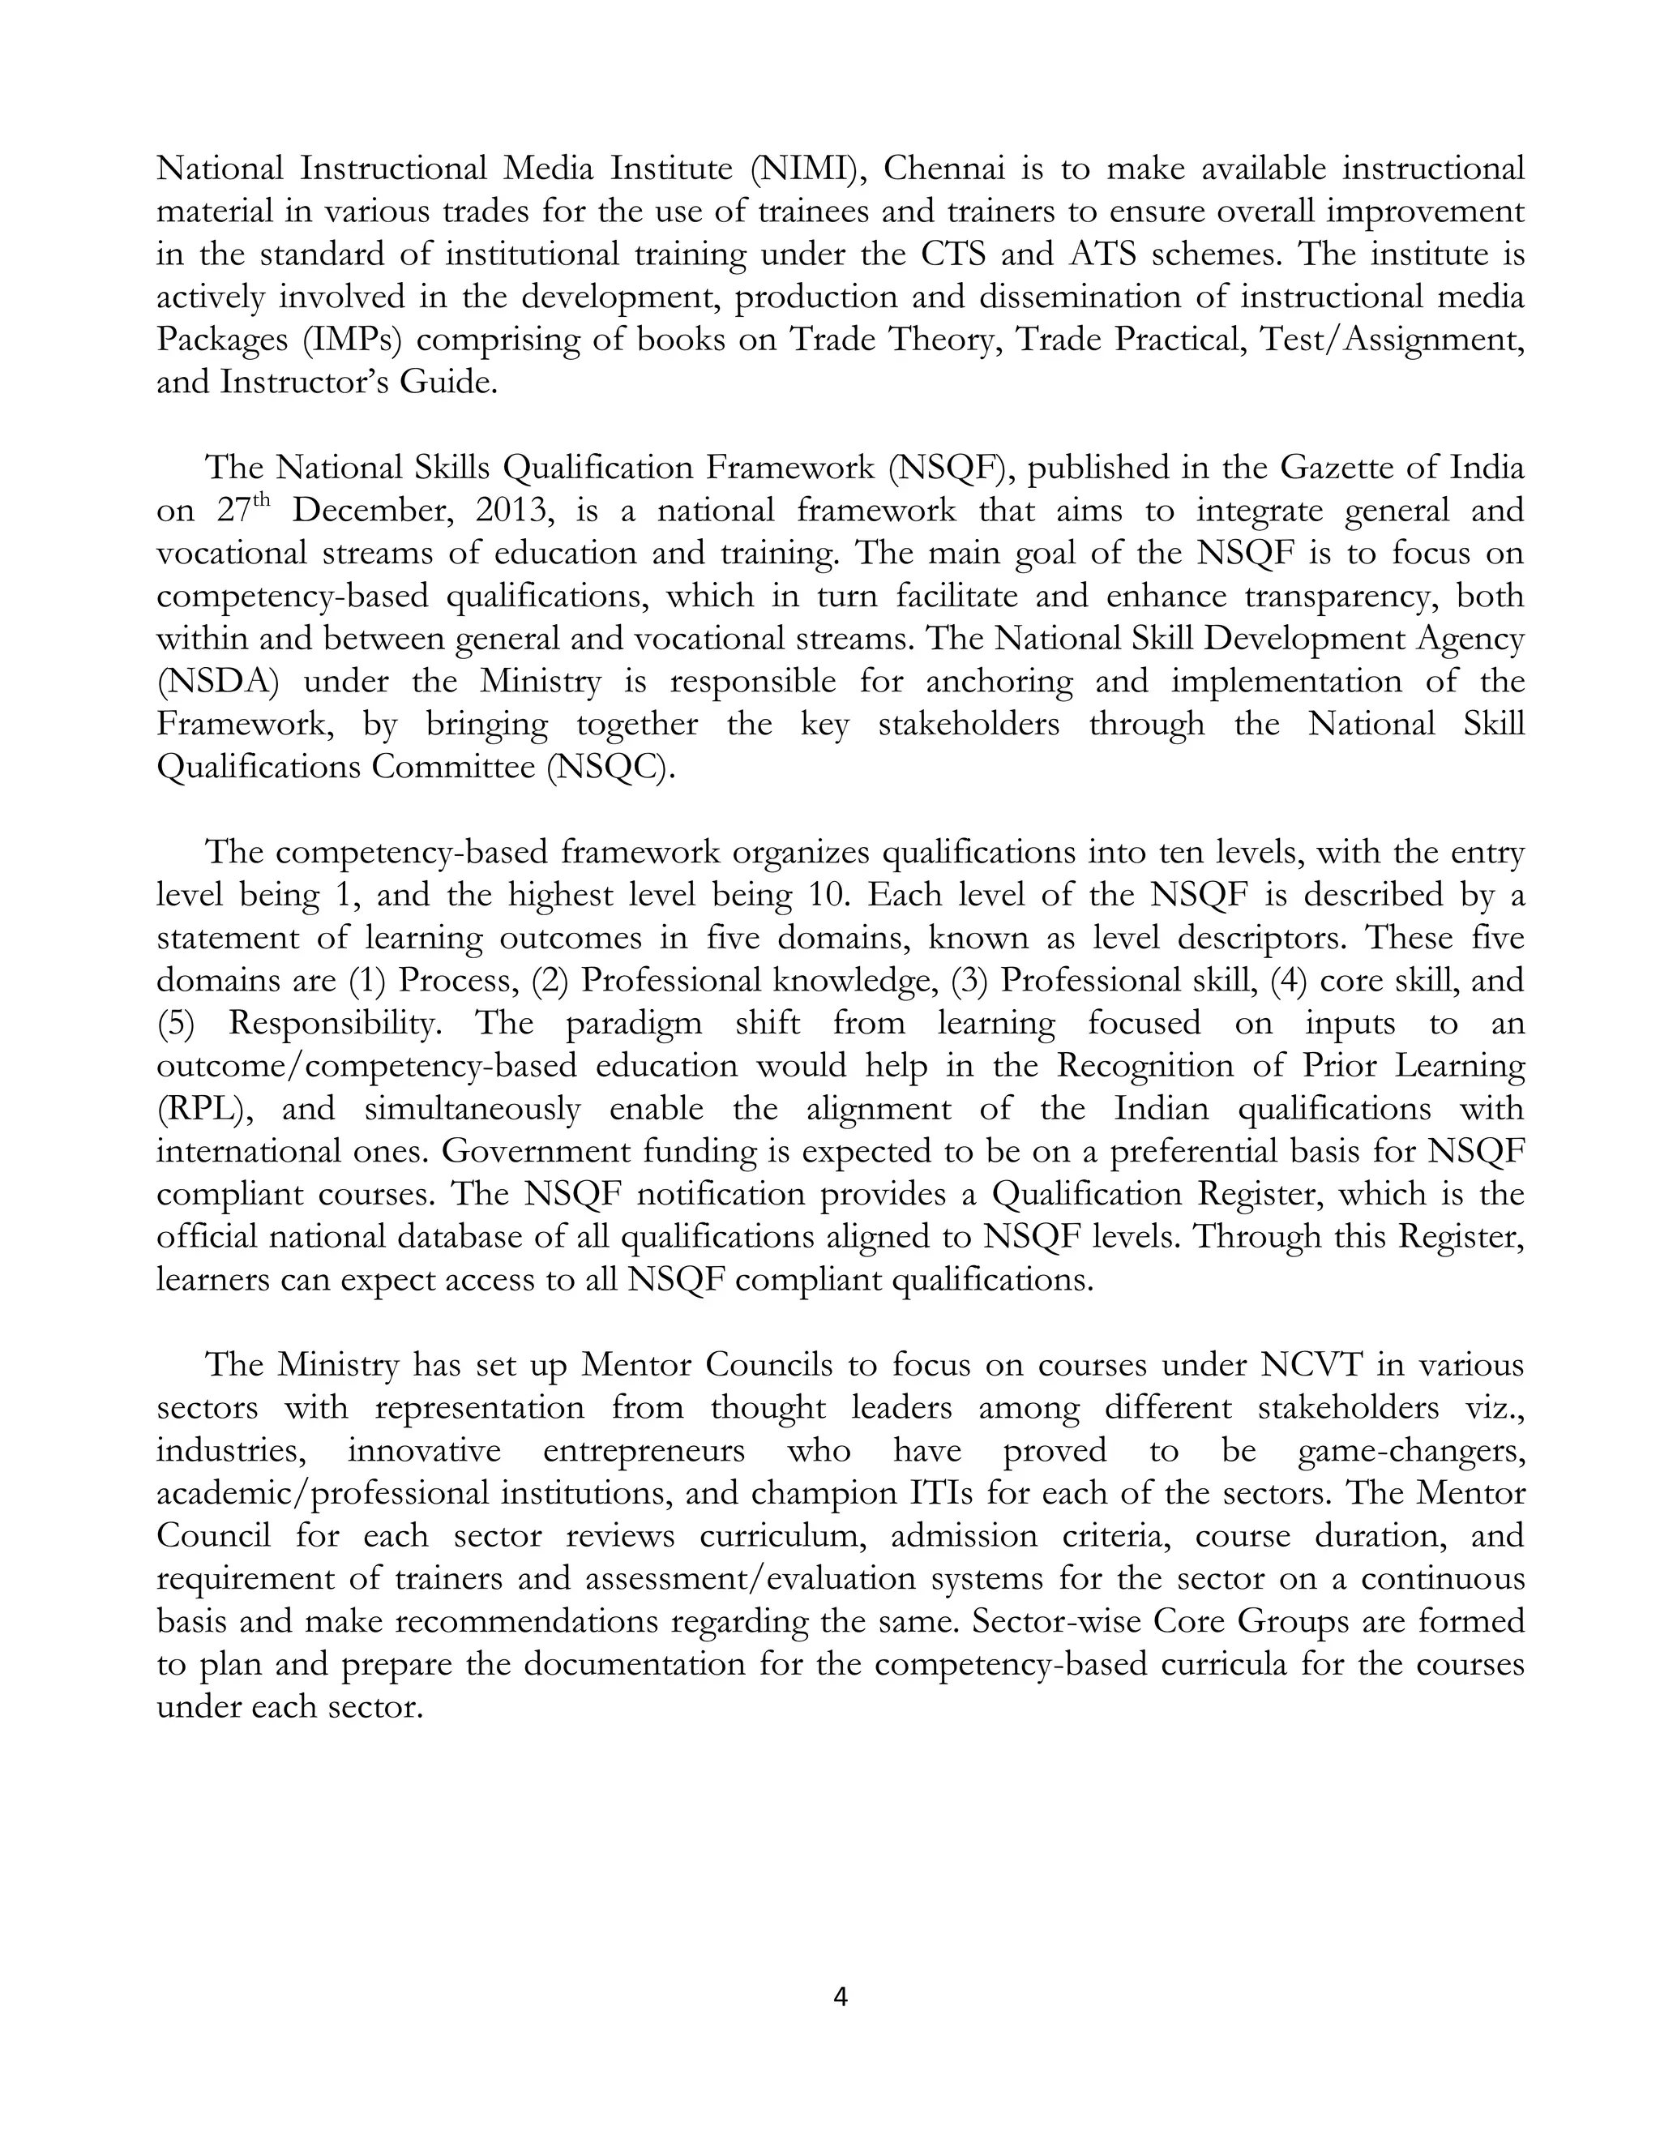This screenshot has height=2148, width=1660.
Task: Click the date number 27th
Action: [x=241, y=511]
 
